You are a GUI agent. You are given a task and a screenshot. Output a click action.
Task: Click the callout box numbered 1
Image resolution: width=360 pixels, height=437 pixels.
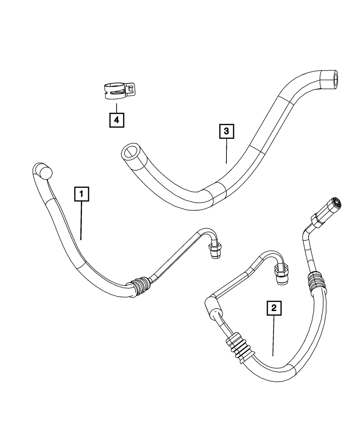click(x=81, y=194)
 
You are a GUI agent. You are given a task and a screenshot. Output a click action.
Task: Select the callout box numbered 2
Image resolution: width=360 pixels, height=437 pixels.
click(x=274, y=308)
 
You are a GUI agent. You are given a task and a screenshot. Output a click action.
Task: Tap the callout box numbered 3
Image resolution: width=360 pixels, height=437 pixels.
click(x=226, y=131)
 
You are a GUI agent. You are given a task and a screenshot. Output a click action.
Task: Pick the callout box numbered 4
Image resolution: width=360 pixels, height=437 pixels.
click(x=117, y=119)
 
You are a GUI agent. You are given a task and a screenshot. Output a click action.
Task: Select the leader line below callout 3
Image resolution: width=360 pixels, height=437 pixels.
click(x=226, y=151)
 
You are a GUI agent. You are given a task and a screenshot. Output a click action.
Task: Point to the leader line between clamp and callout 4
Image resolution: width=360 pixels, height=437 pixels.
click(x=117, y=108)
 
